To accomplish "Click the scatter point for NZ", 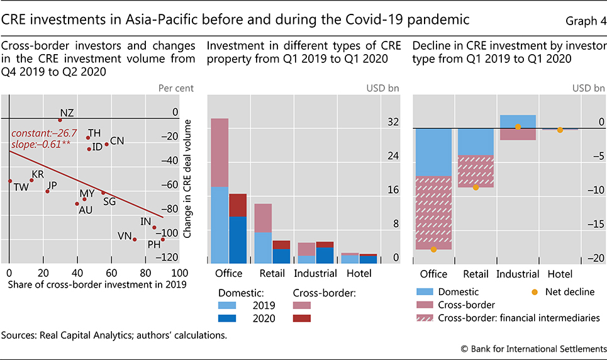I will click(60, 120).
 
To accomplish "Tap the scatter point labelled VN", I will click(135, 239).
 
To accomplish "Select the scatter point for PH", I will click(162, 239).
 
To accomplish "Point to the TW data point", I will click(9, 181).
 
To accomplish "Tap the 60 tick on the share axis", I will click(111, 273).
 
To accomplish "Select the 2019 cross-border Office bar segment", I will click(220, 152).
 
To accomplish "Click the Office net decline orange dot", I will click(433, 249).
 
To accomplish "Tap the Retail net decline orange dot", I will click(476, 187).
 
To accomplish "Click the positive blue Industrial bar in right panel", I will click(518, 121).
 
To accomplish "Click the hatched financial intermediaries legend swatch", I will click(430, 318).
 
